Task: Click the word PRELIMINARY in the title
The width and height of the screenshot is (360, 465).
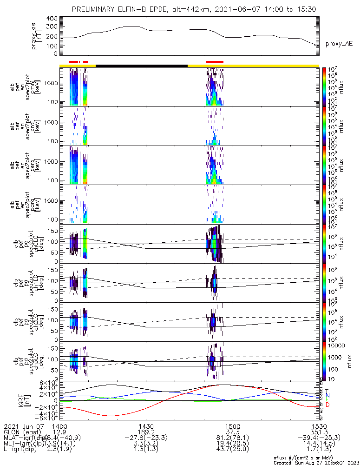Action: (x=95, y=10)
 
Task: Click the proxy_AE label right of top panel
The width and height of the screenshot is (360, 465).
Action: (x=339, y=44)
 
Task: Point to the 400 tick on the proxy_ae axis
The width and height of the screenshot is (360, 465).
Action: (x=52, y=19)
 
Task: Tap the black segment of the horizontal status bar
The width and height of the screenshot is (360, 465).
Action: (x=142, y=66)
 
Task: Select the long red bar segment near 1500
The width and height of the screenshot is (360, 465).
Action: (x=214, y=61)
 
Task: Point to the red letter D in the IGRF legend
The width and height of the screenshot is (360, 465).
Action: (x=327, y=405)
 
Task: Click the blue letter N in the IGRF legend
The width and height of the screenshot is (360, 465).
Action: (x=327, y=395)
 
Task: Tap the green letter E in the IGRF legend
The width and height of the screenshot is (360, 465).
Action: (x=327, y=400)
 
